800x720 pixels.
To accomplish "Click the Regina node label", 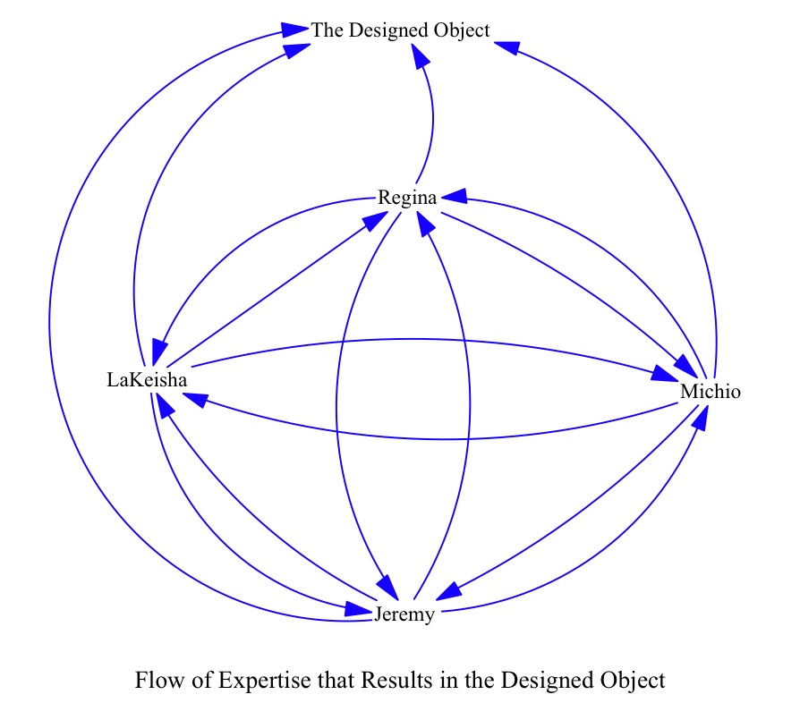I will tap(407, 198).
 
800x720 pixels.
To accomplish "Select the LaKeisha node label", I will tap(147, 380).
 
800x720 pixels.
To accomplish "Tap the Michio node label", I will tap(711, 392).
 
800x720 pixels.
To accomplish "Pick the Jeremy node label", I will tap(405, 614).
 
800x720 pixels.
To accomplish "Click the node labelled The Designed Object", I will tap(400, 30).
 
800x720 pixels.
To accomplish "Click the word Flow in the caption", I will tap(155, 681).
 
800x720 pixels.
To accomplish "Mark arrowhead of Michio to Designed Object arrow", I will tap(506, 47).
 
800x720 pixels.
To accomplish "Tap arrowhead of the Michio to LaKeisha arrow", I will tap(196, 402).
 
